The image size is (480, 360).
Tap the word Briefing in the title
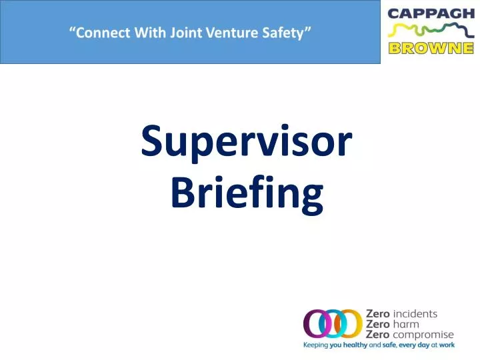247,194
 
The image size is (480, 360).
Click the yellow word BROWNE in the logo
430,48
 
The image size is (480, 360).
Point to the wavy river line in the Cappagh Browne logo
430,31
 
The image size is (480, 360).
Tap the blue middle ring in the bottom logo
333,325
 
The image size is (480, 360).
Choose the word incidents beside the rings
416,313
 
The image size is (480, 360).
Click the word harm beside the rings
407,324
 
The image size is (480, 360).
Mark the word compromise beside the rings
423,335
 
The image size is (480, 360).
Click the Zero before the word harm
378,324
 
